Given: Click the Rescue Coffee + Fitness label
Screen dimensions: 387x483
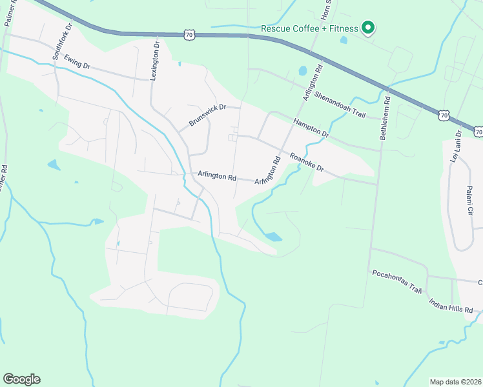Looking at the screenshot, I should click(309, 28).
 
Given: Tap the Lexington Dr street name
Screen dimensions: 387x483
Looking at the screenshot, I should click(154, 59).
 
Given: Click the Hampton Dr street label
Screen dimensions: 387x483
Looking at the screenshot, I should click(311, 128).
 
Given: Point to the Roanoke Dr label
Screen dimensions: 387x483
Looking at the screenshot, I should click(305, 163).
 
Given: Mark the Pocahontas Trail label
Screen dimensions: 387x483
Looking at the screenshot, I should click(396, 281).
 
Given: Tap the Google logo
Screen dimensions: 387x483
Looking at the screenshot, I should click(21, 379).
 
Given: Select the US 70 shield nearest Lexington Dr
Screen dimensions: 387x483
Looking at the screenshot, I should click(188, 35).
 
